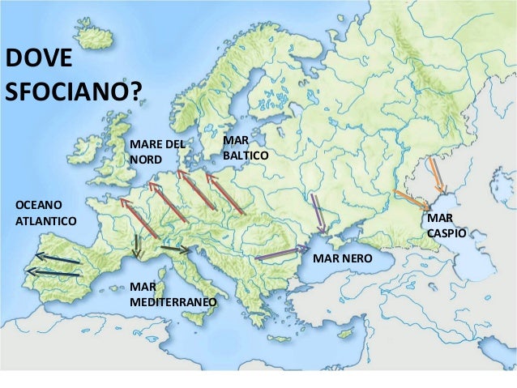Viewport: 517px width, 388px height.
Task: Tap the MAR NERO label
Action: point(342,258)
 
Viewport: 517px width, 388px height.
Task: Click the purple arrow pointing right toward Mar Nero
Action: point(282,254)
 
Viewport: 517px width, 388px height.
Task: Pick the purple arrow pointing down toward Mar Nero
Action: point(318,212)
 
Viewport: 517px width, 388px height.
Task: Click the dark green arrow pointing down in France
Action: point(138,245)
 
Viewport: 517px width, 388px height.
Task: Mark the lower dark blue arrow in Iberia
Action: point(55,273)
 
